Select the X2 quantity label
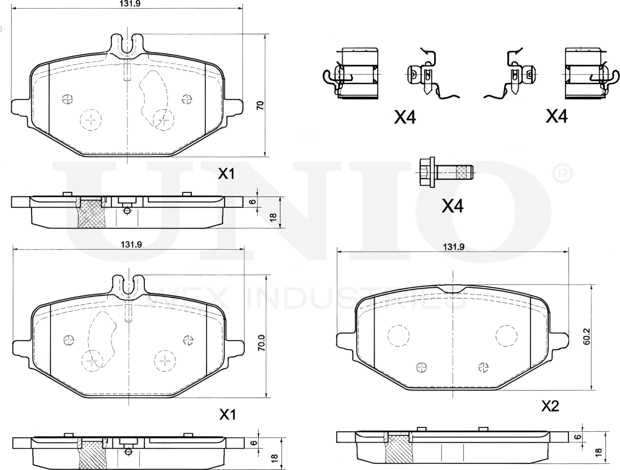(550, 406)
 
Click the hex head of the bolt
(426, 172)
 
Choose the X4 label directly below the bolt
(452, 206)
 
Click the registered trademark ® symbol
(562, 174)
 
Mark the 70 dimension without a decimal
(260, 106)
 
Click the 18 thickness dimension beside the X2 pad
(598, 452)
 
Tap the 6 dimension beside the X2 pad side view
(577, 437)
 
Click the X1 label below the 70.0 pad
(227, 414)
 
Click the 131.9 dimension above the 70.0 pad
(131, 244)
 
